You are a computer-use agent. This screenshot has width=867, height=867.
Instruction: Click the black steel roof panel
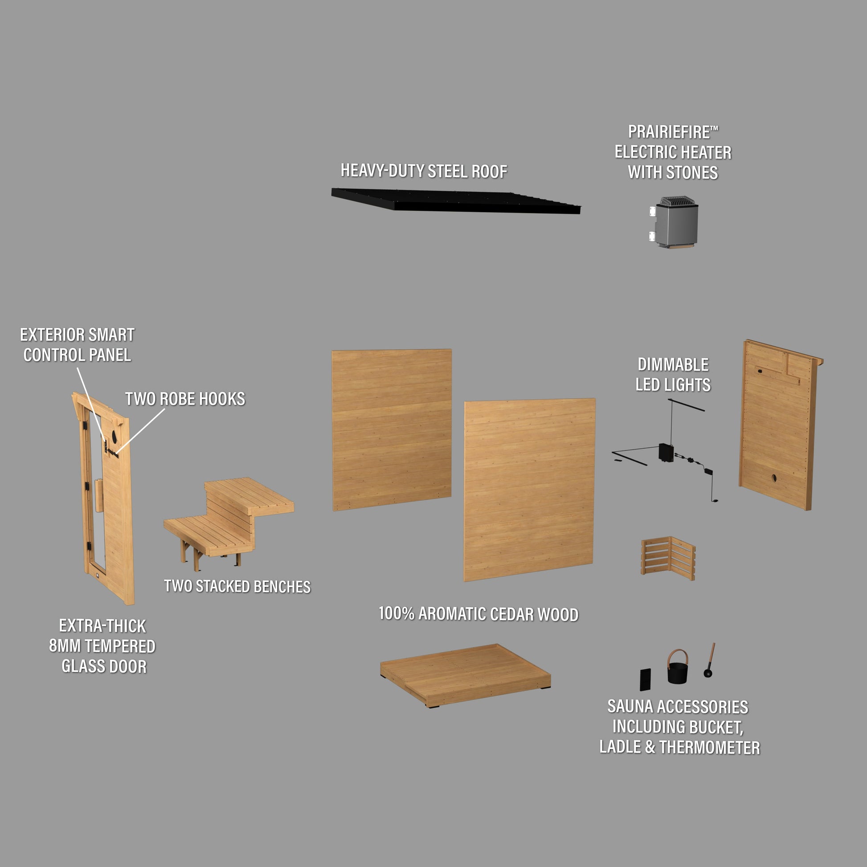[455, 201]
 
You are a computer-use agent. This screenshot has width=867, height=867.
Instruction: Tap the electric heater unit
[674, 222]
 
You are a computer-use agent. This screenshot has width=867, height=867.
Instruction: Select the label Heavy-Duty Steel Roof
[424, 171]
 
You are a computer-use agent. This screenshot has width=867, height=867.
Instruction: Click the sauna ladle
[709, 660]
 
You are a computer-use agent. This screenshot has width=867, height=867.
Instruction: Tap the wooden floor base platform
[466, 675]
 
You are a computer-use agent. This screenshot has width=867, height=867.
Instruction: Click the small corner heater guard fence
[668, 557]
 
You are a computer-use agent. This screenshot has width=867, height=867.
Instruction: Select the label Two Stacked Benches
[237, 586]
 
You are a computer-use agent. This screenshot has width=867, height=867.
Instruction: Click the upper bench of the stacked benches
[249, 495]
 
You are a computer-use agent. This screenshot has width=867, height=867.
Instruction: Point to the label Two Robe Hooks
[185, 399]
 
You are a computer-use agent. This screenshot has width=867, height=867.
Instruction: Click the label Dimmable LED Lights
[673, 375]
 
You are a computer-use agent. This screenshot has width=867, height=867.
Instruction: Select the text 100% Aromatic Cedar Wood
[478, 614]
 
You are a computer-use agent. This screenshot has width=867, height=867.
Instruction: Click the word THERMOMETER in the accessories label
[710, 747]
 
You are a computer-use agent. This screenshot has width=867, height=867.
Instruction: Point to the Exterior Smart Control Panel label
[77, 345]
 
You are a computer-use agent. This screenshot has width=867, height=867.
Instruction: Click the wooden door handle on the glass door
[99, 495]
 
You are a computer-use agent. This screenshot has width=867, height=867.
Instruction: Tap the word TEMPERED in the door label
[120, 646]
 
